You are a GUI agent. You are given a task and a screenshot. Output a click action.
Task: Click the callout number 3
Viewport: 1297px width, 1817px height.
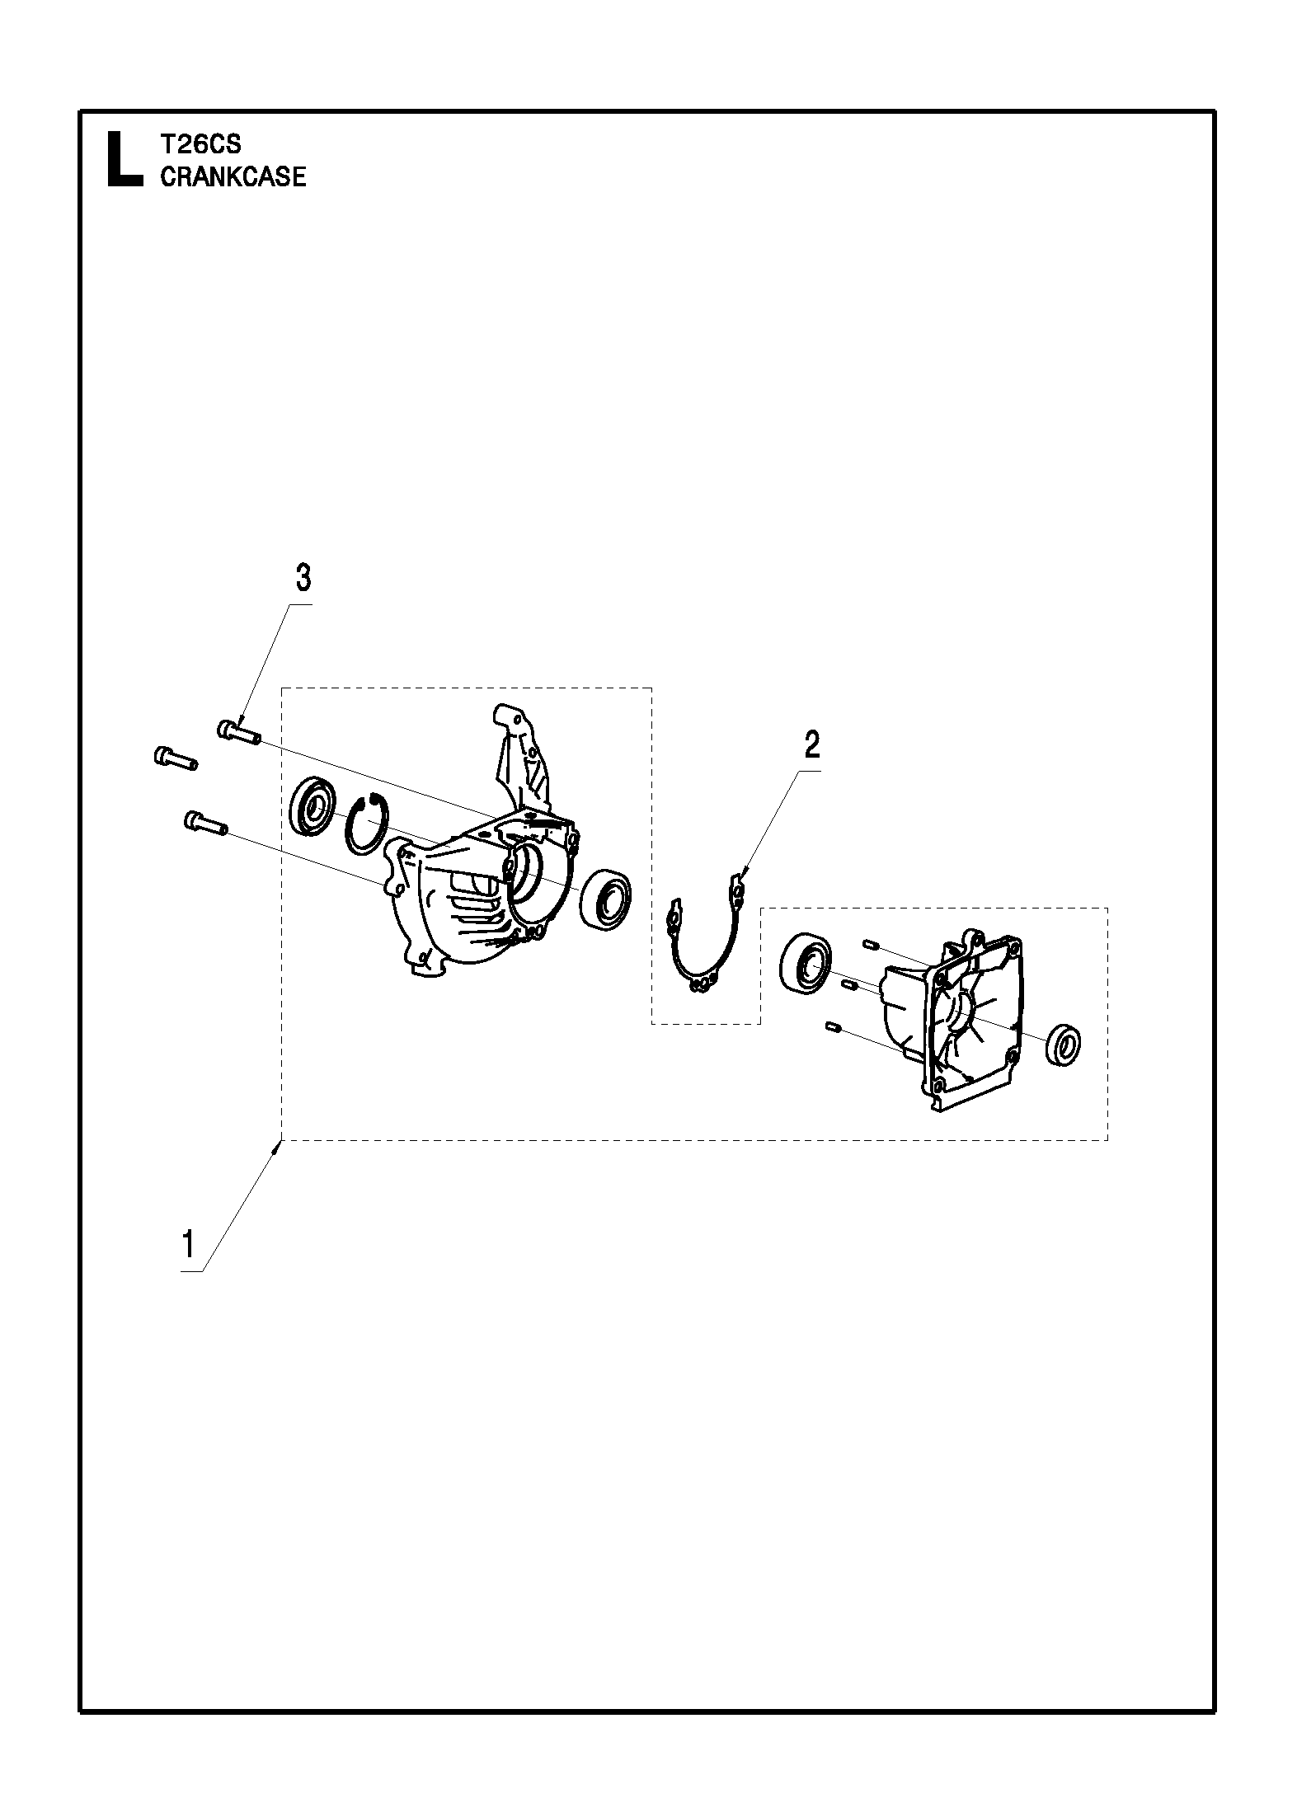303,579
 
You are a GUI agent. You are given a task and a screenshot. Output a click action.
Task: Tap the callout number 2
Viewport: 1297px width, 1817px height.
812,745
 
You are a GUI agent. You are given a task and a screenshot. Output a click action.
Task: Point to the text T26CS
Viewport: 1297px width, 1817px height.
200,144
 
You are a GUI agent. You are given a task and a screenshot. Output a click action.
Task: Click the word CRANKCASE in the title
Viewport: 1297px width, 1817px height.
233,176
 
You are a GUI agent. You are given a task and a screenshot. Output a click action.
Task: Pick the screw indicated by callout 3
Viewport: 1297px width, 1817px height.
239,732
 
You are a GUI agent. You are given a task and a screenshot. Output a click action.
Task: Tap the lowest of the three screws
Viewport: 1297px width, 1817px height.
204,822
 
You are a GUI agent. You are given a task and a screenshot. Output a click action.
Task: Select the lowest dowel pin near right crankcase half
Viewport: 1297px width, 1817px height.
832,1027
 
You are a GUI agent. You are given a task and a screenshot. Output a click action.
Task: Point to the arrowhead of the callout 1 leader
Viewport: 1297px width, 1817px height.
280,1143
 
